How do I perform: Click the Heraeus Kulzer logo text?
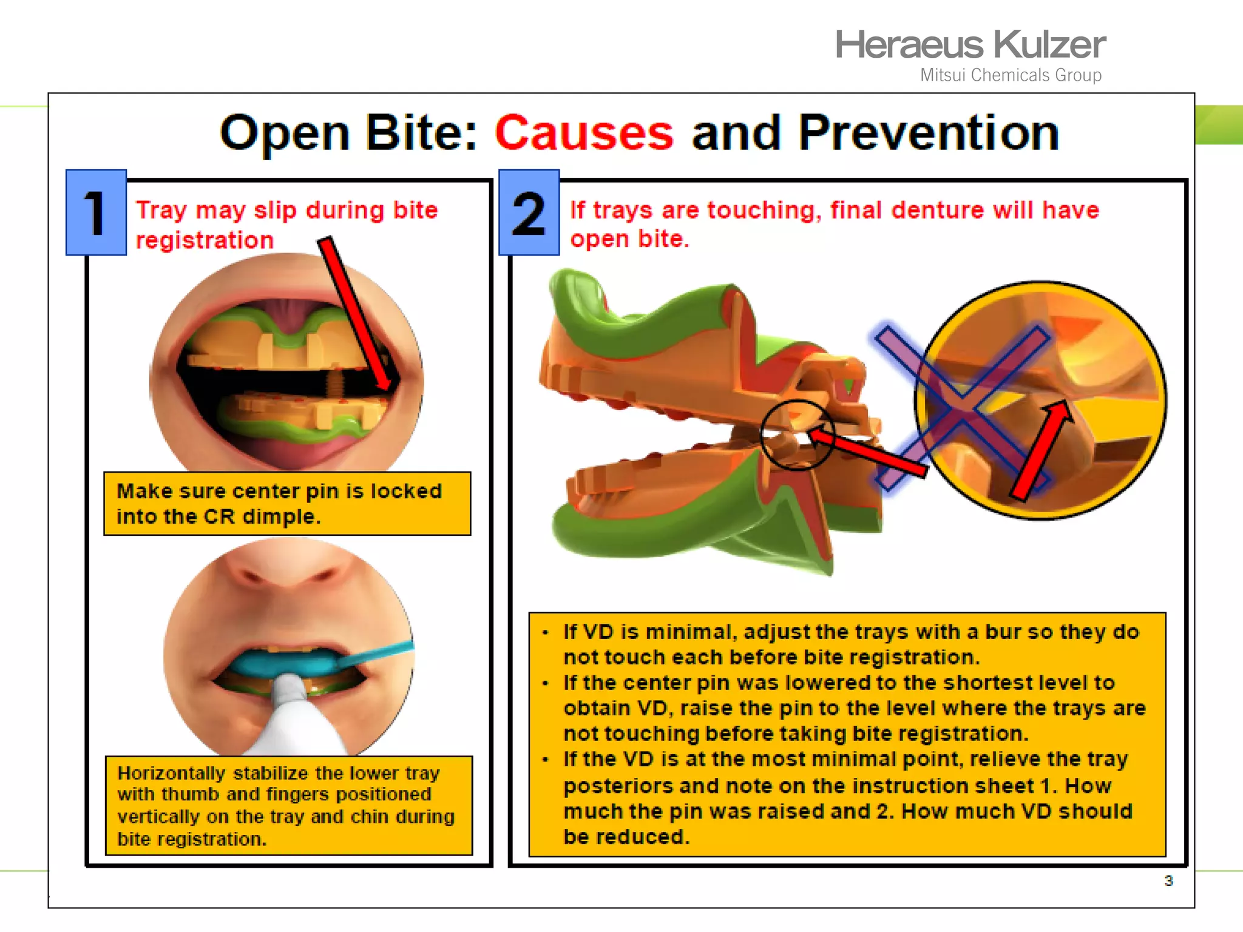tap(970, 45)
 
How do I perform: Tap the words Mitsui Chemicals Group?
tap(1011, 75)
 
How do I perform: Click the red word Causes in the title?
tap(584, 133)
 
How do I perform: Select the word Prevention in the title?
tap(928, 133)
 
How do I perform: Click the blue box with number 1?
tap(96, 212)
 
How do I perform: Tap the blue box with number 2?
tap(529, 212)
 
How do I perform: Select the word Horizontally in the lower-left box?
tap(171, 774)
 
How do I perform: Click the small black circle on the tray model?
tap(798, 434)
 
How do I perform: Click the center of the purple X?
tap(962, 408)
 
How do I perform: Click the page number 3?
tap(1168, 880)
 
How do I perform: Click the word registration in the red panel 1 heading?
tap(205, 241)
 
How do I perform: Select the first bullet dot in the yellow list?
tap(546, 633)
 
